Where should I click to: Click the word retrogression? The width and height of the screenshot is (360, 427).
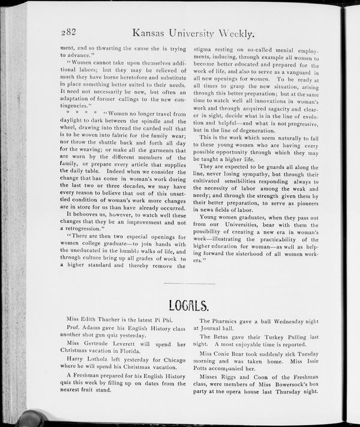85,228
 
